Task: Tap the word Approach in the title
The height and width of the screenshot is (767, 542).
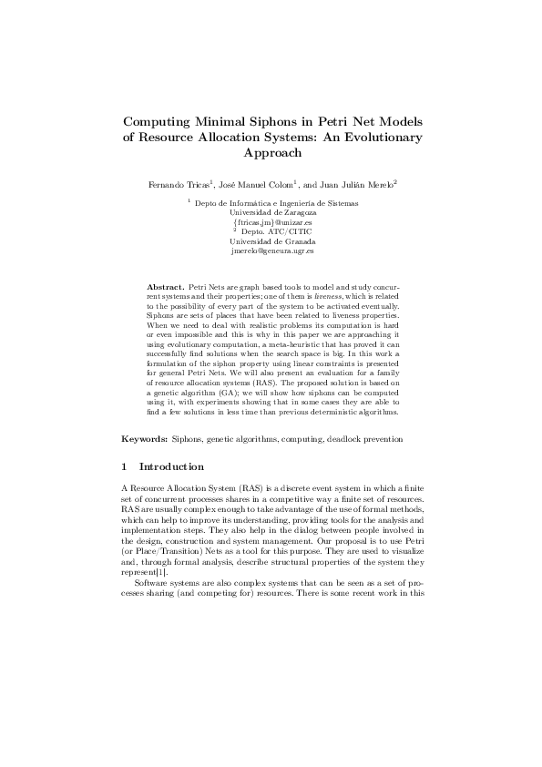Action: [271, 154]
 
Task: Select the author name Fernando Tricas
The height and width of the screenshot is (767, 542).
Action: [179, 185]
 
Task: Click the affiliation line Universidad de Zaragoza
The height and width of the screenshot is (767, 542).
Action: [271, 212]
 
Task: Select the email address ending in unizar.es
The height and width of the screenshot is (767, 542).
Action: [271, 221]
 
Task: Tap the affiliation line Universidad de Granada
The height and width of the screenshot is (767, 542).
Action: [271, 240]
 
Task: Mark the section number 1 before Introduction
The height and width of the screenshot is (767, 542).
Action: [126, 466]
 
